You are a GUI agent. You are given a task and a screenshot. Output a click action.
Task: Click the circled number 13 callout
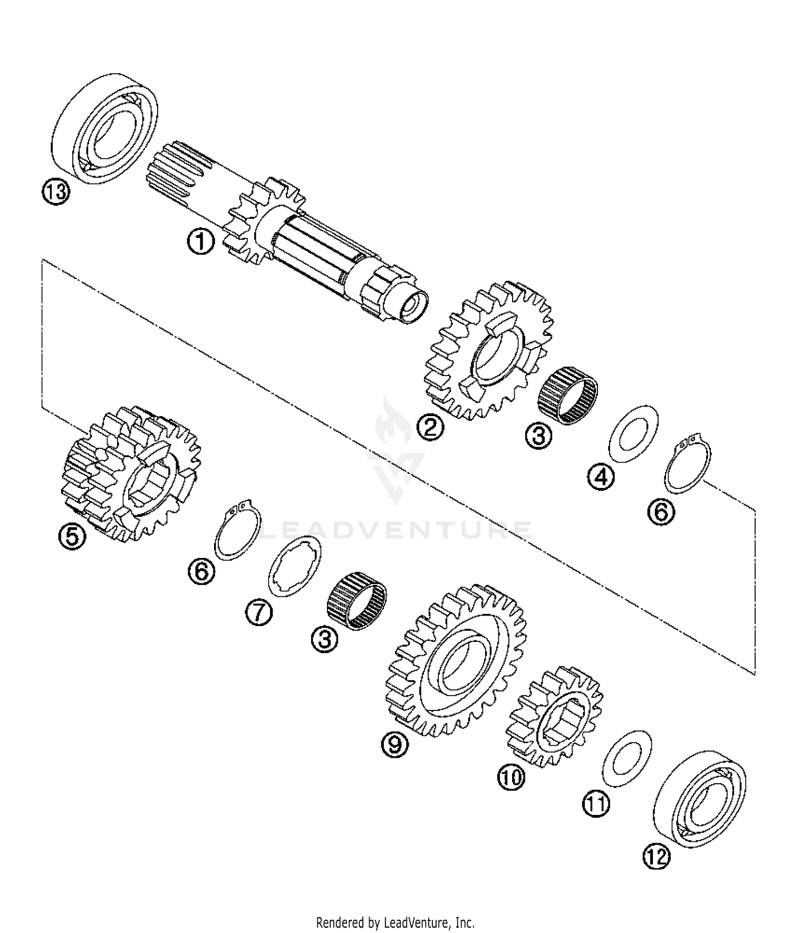pyautogui.click(x=56, y=192)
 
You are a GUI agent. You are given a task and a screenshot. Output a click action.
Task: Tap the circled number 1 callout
pyautogui.click(x=200, y=243)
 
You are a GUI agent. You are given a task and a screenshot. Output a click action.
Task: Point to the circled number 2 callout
pyautogui.click(x=430, y=426)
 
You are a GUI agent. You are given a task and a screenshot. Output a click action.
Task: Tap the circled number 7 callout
pyautogui.click(x=259, y=613)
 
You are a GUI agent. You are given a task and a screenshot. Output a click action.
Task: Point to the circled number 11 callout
pyautogui.click(x=596, y=804)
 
